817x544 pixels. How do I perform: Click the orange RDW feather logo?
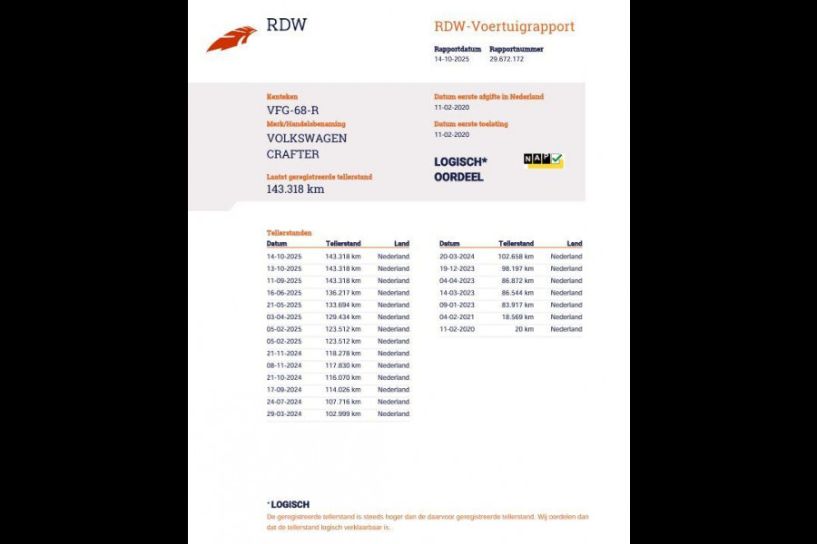click(x=231, y=40)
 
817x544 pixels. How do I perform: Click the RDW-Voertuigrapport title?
click(x=504, y=26)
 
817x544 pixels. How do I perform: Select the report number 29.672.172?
click(x=506, y=59)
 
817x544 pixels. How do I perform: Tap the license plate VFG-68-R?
click(x=292, y=111)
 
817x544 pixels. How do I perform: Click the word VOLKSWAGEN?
click(x=306, y=139)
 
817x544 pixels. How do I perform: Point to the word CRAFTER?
click(x=292, y=154)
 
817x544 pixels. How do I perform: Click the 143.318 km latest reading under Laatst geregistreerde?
click(x=295, y=189)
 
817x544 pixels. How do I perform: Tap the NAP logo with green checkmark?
click(x=543, y=160)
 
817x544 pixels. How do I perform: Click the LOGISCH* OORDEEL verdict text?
click(x=460, y=170)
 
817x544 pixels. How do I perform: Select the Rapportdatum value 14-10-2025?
click(x=452, y=59)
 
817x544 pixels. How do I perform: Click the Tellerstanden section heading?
click(x=289, y=233)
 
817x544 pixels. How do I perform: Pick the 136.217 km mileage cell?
click(x=342, y=293)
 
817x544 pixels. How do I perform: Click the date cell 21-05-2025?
click(x=283, y=305)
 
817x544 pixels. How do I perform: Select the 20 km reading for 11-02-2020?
click(x=523, y=329)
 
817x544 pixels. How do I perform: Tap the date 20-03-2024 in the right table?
click(x=457, y=257)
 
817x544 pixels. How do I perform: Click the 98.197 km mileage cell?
click(x=517, y=268)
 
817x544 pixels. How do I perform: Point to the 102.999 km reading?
click(x=342, y=413)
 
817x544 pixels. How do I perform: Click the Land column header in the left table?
click(x=401, y=244)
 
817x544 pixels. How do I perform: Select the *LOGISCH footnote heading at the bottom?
click(x=288, y=504)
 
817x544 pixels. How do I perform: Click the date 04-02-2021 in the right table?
click(x=457, y=317)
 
